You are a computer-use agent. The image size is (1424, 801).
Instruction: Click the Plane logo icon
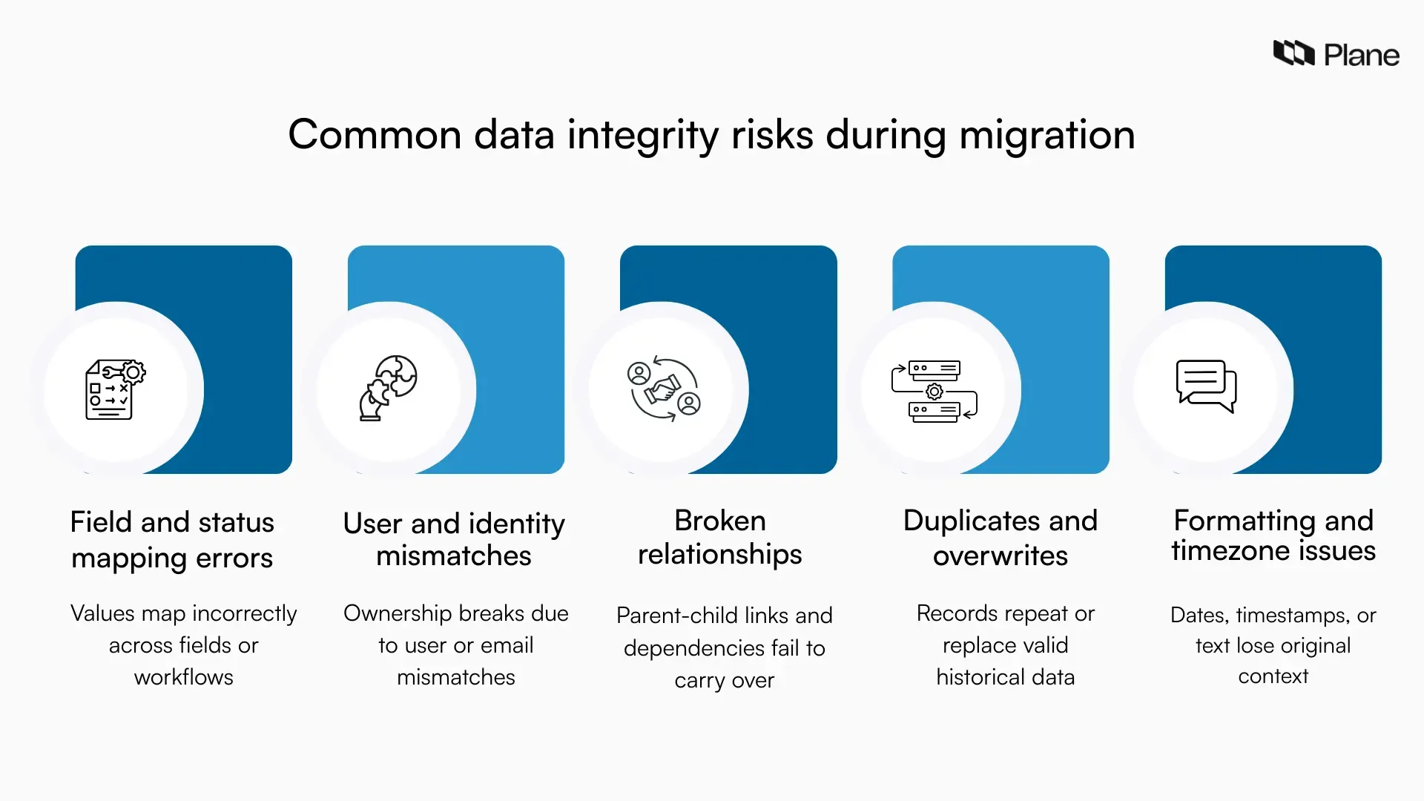pos(1293,53)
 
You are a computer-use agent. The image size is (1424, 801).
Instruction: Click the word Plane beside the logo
pos(1362,56)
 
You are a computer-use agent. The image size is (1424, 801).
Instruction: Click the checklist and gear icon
pos(115,390)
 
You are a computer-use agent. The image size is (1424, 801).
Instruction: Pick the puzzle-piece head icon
pos(388,388)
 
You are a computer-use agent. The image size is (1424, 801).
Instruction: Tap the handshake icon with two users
pos(664,389)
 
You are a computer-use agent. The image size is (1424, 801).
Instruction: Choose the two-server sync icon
pos(934,391)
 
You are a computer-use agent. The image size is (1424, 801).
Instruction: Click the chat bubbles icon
pos(1206,386)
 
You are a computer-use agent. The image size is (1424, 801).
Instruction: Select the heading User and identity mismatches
pos(454,539)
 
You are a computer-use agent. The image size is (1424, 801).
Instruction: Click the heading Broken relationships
pos(720,537)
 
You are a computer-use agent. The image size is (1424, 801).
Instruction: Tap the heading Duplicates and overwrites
pos(1000,538)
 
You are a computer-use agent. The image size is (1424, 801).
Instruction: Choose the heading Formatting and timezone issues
pos(1273,535)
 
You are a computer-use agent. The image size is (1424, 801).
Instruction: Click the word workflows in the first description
pos(183,677)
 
